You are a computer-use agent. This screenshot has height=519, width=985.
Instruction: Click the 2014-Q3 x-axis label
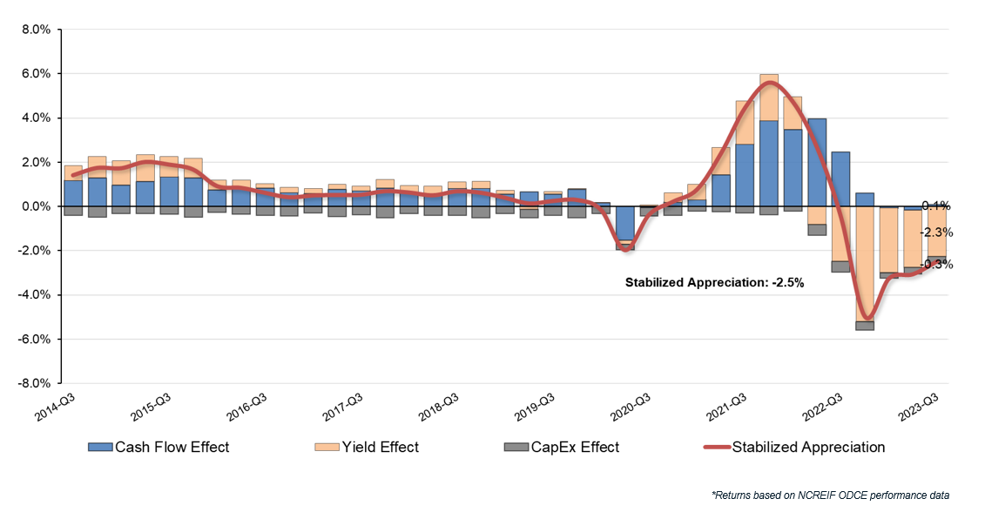(x=55, y=407)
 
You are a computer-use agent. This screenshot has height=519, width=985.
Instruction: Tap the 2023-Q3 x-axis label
(x=926, y=407)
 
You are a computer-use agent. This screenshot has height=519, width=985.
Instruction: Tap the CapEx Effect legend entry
(x=562, y=448)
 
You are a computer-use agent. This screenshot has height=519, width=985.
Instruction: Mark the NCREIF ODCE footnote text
(x=830, y=495)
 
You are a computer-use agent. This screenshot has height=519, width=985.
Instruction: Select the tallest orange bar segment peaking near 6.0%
(x=769, y=98)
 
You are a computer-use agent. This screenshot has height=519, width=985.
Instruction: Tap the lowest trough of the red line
(x=866, y=318)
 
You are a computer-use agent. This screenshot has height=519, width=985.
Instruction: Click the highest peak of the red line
(x=770, y=83)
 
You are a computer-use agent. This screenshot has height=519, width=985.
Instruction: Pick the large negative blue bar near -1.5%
(x=625, y=223)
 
